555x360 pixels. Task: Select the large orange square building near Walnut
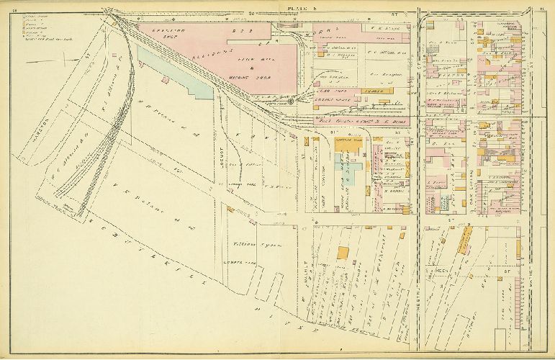coord(343,253)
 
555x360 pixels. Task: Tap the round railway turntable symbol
coord(291,102)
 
